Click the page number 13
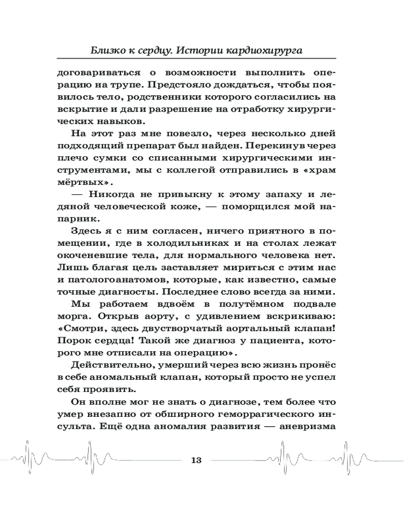pos(196,461)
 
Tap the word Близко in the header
pos(104,51)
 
